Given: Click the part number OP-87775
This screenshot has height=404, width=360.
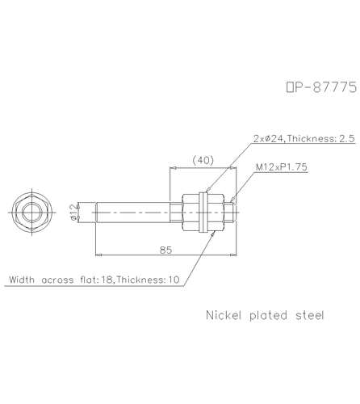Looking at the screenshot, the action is [x=321, y=87].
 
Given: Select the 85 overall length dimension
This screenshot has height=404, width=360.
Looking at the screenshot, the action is [x=165, y=250].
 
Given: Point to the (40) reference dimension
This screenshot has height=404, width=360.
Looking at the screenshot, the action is [x=203, y=160].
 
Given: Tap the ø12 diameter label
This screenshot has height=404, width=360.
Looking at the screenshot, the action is [x=73, y=213].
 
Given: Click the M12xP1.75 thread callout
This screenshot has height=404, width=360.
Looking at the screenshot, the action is [x=281, y=167].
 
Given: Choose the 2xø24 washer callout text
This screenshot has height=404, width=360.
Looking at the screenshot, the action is [x=304, y=138].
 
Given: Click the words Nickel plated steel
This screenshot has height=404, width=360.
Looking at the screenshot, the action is [x=265, y=315].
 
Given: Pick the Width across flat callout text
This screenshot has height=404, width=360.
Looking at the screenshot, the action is [x=94, y=280].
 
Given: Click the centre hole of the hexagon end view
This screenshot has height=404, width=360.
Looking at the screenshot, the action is [x=32, y=213].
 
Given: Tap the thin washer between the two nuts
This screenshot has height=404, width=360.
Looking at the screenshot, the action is [x=203, y=213].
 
